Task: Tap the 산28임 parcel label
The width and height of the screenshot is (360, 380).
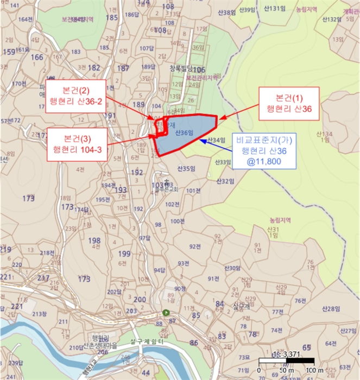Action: coord(331,309)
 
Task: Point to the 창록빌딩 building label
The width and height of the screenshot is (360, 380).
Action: coord(181,69)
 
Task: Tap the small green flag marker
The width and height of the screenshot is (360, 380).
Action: coord(166,313)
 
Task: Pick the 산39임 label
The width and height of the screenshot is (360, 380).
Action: coord(247,10)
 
